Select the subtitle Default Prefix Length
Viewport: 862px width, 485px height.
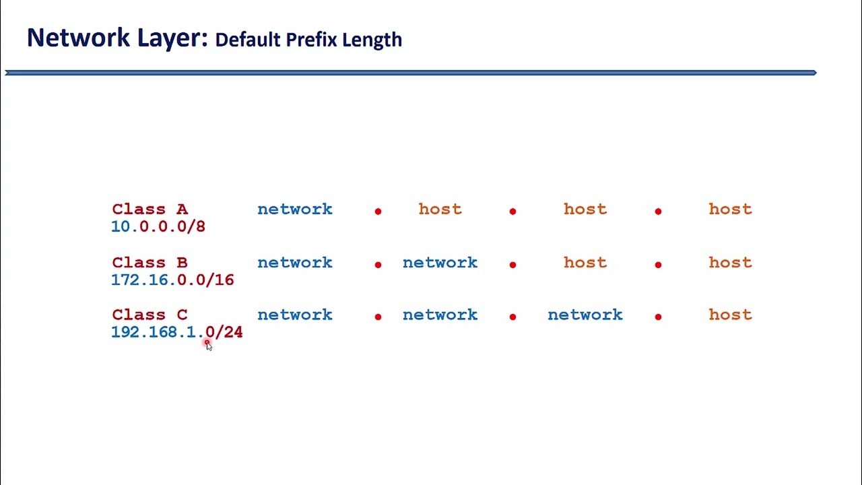point(308,40)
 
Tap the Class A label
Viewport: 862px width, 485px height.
point(150,209)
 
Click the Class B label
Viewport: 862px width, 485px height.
point(150,263)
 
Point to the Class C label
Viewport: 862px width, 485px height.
point(150,315)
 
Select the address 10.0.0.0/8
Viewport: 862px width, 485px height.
point(158,227)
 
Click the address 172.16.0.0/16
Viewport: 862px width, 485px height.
point(172,280)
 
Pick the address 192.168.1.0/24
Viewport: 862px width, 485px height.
point(176,332)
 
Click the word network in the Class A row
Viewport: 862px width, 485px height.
point(295,209)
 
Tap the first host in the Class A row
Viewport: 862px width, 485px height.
point(440,209)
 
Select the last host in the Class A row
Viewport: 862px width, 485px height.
point(730,209)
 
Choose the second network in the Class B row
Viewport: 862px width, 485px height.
point(440,263)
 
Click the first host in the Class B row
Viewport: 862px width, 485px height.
point(585,263)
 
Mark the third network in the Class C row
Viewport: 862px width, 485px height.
point(585,315)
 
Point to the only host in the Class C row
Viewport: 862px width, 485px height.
point(730,315)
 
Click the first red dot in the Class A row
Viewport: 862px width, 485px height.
point(378,212)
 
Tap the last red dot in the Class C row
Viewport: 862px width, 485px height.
point(658,317)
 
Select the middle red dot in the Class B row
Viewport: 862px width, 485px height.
point(512,265)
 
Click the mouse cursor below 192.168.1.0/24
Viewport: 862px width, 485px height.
point(208,345)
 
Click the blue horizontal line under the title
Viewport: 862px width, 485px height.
point(411,73)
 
